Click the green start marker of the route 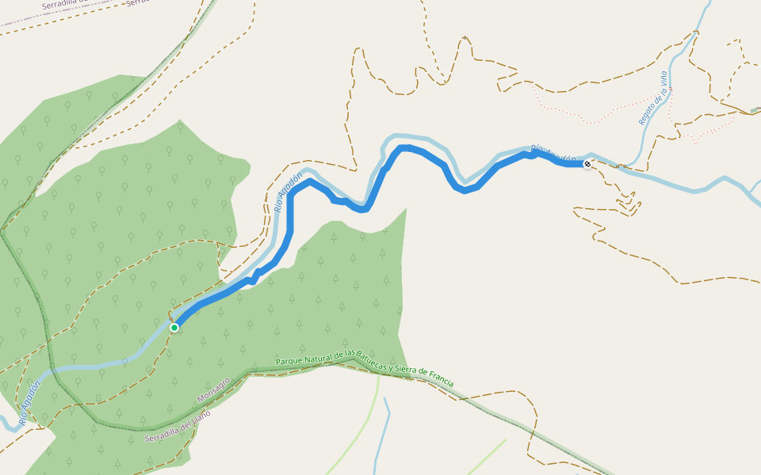(174, 327)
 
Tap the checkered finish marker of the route (587, 164)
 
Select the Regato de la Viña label (653, 98)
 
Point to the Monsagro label (213, 389)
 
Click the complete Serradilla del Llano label (178, 427)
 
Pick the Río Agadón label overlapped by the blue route (554, 155)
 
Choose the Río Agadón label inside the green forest (29, 404)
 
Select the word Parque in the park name (289, 361)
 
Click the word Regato (646, 114)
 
